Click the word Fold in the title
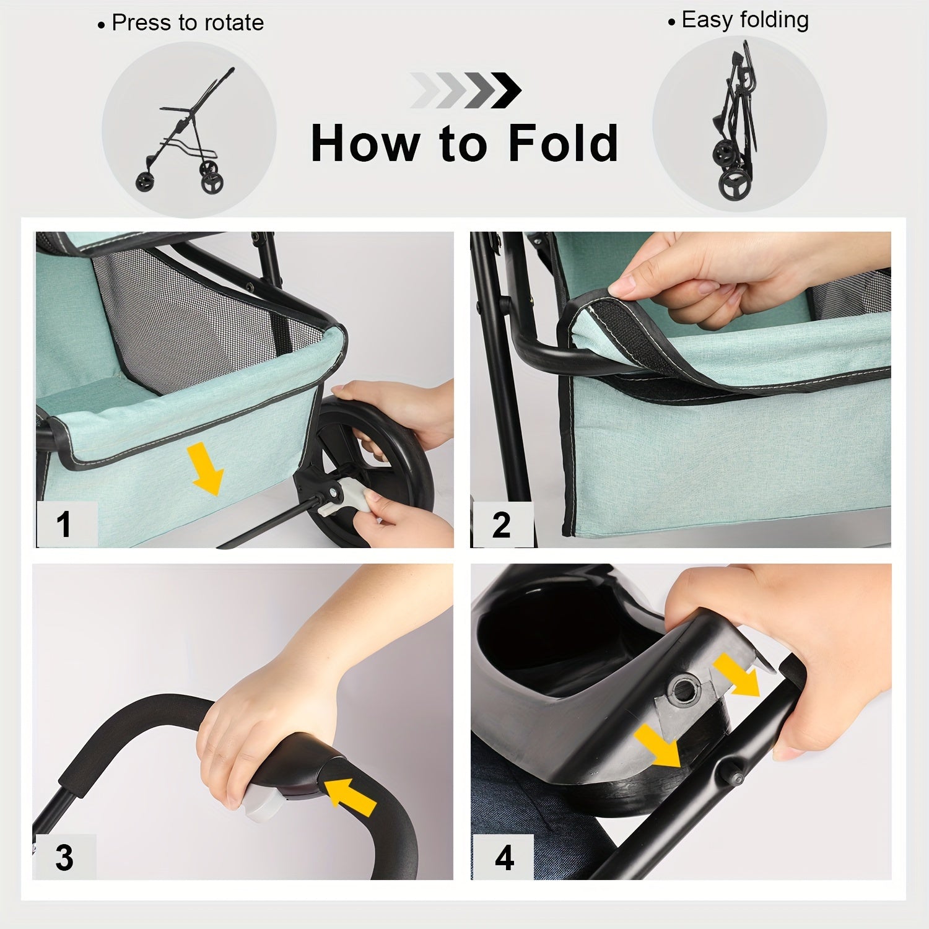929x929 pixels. (562, 143)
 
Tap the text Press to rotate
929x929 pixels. (187, 23)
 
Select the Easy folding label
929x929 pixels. (744, 20)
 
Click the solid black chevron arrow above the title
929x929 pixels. (507, 90)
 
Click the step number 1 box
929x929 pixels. (65, 524)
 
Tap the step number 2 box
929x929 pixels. (502, 525)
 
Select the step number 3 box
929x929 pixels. (64, 857)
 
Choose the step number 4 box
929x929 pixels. (504, 857)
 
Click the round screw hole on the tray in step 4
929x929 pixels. (685, 689)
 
